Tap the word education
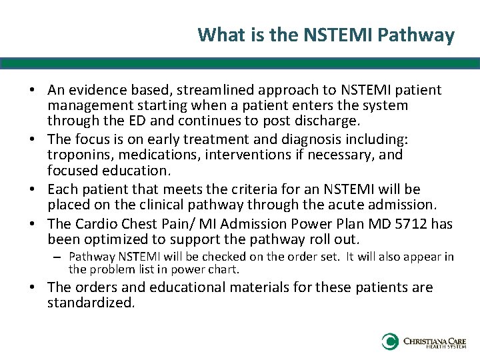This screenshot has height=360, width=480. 138,170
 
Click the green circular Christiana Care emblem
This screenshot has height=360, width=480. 390,342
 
